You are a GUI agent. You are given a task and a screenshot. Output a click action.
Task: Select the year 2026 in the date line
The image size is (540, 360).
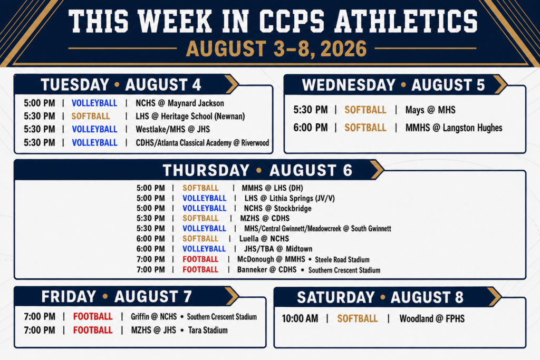coord(343,49)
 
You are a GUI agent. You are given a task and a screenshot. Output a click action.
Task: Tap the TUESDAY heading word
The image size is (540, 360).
coord(75,85)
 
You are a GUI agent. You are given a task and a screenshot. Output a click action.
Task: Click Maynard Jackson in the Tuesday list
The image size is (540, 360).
coord(196,103)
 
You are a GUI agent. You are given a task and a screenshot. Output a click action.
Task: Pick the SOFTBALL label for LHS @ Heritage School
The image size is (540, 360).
coord(91,116)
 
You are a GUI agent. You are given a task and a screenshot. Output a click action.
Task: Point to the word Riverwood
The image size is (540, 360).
coord(255,143)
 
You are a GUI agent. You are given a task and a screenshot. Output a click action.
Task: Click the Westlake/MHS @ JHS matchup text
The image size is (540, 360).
coord(172,130)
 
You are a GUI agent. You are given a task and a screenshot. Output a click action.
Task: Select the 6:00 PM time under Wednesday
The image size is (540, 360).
coord(310,128)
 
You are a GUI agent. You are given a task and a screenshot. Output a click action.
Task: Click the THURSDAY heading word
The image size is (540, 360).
coord(206,170)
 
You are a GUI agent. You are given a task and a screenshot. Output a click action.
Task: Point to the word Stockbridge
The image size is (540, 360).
coord(293,209)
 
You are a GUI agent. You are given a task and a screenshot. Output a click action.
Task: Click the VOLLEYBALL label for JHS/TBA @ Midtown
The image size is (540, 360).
coord(204,249)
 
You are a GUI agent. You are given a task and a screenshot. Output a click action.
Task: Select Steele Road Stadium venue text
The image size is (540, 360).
coord(342,259)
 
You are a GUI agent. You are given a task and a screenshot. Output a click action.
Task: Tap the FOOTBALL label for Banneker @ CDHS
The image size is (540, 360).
coord(200,269)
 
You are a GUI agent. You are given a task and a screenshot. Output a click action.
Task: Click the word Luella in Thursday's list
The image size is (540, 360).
coord(249,239)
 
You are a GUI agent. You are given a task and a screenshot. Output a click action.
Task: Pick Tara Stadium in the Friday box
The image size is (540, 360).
coord(208,330)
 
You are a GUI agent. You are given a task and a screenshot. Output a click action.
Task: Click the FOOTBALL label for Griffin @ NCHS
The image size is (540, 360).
coord(93,317)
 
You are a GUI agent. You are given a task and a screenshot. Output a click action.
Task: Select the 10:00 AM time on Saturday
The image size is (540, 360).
coord(300,319)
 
